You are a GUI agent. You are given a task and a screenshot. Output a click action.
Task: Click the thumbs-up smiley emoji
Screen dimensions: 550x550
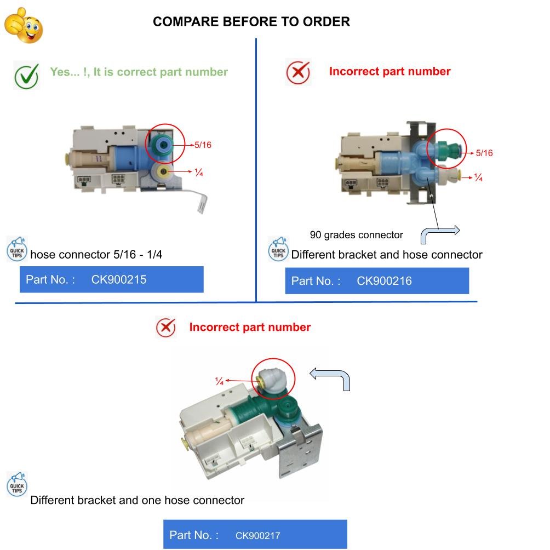coord(23,25)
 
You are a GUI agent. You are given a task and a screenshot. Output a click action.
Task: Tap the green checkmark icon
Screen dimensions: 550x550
coord(26,76)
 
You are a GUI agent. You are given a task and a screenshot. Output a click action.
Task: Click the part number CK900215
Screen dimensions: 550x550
coord(118,279)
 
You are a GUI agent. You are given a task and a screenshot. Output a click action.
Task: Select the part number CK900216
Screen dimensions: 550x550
coord(384,281)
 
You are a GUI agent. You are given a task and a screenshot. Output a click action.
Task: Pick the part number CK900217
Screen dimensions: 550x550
coord(257,536)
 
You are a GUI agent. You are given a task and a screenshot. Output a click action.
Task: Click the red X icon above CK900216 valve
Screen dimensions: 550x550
coord(298,72)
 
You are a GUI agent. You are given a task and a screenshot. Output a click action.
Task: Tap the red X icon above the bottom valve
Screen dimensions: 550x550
coord(165,328)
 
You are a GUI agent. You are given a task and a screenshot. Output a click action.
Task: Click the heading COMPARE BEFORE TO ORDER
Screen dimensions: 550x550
coord(251,22)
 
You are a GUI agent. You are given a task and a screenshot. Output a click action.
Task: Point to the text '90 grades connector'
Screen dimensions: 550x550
coord(356,235)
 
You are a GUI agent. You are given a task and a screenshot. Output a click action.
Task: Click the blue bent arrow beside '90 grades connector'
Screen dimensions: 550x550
coord(439,233)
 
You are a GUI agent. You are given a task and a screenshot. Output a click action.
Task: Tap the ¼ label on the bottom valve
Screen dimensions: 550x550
coord(219,381)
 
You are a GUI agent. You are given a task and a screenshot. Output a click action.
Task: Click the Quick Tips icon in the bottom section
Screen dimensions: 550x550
coord(17,485)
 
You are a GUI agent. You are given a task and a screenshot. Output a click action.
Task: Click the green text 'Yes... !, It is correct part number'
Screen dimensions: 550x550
coord(139,72)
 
